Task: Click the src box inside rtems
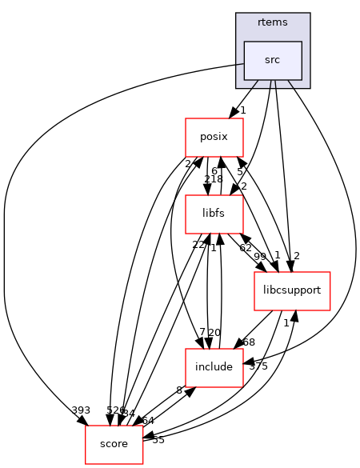273,61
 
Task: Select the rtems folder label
273,22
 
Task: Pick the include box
214,367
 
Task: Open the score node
114,444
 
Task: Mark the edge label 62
246,247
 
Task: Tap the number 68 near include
249,342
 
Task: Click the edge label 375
258,367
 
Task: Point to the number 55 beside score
158,440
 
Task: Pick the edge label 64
148,420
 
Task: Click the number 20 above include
214,333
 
